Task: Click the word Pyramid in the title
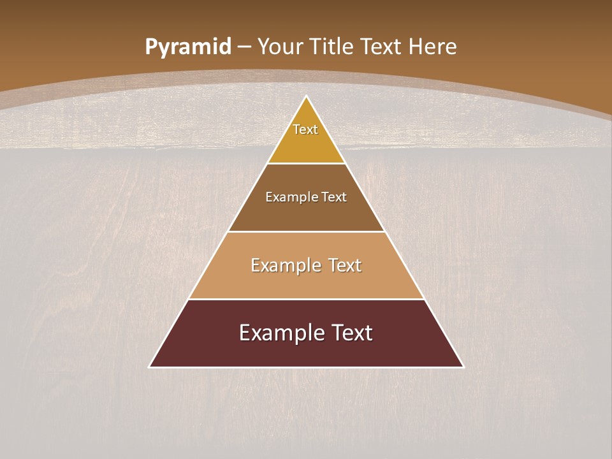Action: point(187,47)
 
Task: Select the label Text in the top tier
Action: point(305,129)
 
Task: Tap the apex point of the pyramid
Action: point(307,97)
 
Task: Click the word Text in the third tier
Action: point(345,265)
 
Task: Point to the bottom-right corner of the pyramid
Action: point(463,367)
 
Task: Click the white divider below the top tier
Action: point(306,164)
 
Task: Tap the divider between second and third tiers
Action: point(306,231)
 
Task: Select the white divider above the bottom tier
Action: point(306,299)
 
